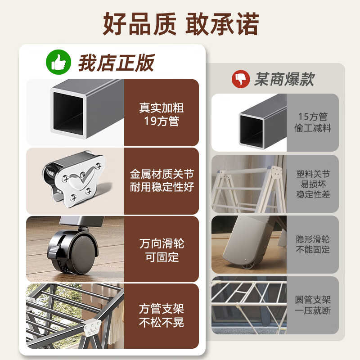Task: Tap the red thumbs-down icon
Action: [240, 80]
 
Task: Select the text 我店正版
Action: [117, 63]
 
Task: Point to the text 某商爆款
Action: [284, 80]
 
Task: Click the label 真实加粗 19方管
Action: [161, 114]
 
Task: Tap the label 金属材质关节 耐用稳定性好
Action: [162, 180]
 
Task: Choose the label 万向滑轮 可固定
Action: [162, 250]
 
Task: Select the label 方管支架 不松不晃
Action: [162, 316]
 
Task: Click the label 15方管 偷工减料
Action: [313, 122]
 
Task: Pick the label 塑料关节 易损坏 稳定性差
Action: [313, 184]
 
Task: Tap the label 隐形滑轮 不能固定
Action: [313, 244]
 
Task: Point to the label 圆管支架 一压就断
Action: [313, 305]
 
